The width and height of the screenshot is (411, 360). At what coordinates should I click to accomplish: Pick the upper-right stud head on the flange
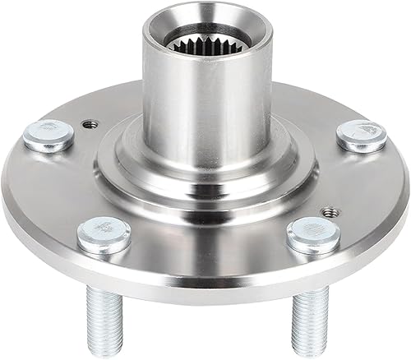(362, 134)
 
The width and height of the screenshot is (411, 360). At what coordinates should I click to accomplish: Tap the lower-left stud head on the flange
(104, 234)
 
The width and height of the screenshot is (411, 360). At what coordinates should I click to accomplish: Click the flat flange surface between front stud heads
(205, 247)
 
